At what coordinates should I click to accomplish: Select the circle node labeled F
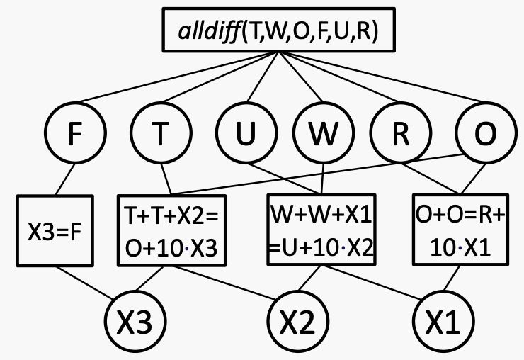pyautogui.click(x=75, y=135)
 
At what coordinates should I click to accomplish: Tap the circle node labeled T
pyautogui.click(x=162, y=135)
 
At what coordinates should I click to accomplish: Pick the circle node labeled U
pyautogui.click(x=246, y=135)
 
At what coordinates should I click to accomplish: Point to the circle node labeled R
pyautogui.click(x=401, y=135)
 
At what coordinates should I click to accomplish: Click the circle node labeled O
pyautogui.click(x=484, y=135)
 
